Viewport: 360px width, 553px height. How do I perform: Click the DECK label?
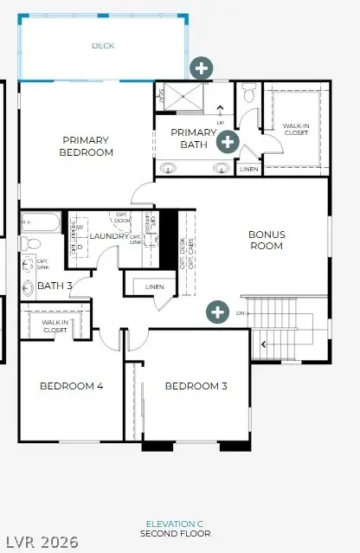point(103,46)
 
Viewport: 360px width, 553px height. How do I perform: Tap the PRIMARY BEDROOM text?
point(87,145)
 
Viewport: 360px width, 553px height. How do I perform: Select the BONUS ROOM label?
point(267,240)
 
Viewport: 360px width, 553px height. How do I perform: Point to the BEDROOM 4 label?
point(72,386)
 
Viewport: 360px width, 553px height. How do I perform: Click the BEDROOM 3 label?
point(196,386)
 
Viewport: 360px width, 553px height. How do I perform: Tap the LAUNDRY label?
point(109,236)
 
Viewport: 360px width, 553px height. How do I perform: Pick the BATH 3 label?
point(55,286)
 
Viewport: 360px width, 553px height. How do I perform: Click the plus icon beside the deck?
point(202,67)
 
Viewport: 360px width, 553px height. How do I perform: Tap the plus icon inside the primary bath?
point(228,141)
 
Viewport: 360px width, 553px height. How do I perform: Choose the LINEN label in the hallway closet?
point(155,286)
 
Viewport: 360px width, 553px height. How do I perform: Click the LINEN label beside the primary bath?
point(248,169)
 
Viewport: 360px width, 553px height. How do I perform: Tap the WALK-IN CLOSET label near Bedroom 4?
point(55,326)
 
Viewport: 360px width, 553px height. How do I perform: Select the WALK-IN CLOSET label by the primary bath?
point(295,129)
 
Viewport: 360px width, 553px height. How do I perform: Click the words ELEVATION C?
point(174,524)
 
